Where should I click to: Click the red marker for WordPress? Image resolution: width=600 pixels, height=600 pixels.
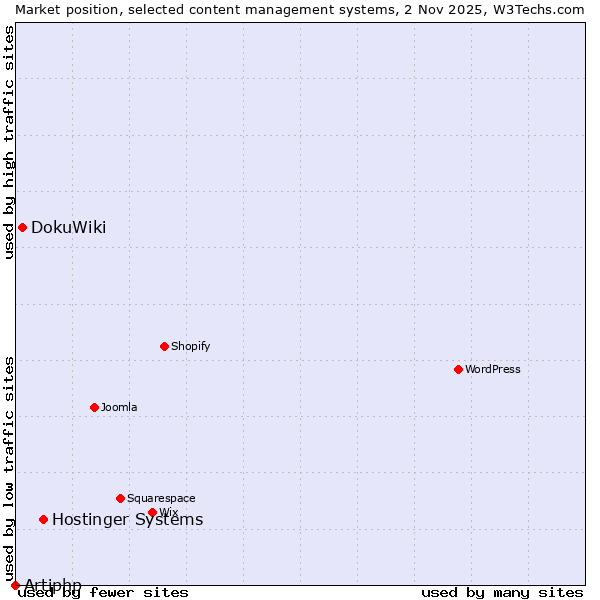(458, 369)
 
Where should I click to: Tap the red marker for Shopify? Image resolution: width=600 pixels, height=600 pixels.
(164, 346)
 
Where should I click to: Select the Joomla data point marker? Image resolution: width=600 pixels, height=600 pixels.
(94, 407)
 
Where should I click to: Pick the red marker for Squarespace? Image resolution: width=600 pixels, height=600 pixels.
(120, 498)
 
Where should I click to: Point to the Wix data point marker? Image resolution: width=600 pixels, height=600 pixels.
(152, 512)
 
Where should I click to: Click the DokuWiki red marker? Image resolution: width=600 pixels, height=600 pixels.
(22, 227)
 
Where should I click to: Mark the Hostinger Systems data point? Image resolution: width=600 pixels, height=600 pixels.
(43, 519)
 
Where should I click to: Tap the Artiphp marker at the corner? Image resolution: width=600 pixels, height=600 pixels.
(15, 585)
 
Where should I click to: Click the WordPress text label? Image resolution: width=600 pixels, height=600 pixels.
(493, 369)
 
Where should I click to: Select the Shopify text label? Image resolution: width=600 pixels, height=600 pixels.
(190, 346)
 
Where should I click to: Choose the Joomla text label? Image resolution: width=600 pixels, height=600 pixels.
(119, 407)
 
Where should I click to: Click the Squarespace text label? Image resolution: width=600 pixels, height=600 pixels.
(161, 498)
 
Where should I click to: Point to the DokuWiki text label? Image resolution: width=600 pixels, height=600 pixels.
(68, 227)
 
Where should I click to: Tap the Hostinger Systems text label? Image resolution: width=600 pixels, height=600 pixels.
(127, 519)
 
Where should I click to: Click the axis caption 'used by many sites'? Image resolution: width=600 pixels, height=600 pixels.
(502, 592)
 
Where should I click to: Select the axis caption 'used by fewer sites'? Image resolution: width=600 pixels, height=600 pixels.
(104, 592)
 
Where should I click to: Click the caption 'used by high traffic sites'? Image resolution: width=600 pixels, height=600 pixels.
(9, 142)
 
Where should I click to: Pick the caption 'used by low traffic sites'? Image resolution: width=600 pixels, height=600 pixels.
(9, 468)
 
